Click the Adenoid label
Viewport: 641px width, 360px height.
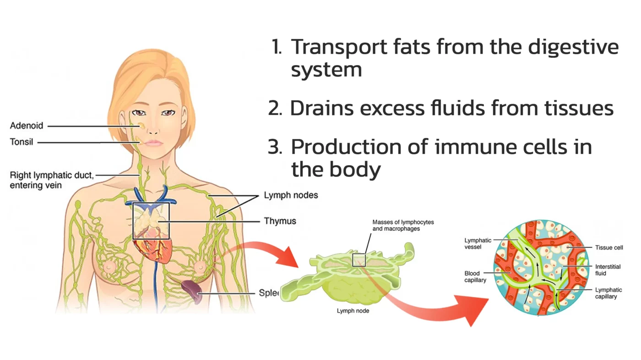point(27,125)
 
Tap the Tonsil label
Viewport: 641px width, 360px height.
point(22,142)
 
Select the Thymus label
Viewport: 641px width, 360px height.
point(280,221)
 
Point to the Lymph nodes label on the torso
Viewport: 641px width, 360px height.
point(291,196)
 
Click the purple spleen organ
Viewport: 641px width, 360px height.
point(191,292)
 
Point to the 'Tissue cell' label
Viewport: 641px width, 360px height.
point(609,248)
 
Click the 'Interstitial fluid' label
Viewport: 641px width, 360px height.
point(608,270)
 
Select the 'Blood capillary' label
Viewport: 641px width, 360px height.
point(475,277)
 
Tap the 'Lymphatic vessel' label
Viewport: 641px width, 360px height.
point(478,243)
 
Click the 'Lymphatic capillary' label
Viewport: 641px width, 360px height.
point(608,293)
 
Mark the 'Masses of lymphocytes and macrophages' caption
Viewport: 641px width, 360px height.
point(403,225)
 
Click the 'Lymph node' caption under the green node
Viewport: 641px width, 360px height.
point(353,311)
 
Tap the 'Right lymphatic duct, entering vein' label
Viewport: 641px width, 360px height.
point(51,180)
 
